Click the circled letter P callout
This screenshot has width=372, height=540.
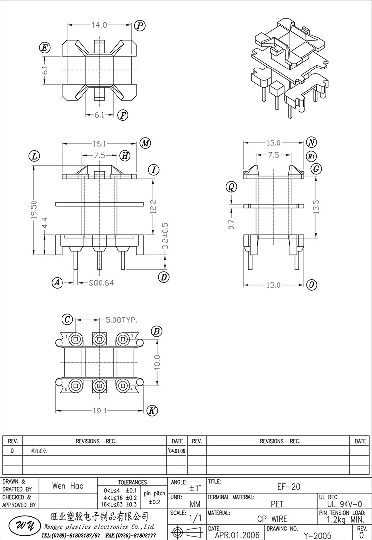[139, 25]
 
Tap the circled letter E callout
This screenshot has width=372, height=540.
[45, 48]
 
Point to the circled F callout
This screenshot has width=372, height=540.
[123, 116]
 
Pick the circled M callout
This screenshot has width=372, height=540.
[145, 143]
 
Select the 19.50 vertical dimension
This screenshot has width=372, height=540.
[33, 209]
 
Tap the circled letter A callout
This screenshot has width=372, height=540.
[58, 283]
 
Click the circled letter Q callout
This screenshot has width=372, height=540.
[230, 187]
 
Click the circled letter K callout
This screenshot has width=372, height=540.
[152, 410]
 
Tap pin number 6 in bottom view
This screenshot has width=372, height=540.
[66, 390]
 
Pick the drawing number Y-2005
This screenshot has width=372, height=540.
[317, 536]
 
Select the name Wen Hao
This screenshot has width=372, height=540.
[67, 486]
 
